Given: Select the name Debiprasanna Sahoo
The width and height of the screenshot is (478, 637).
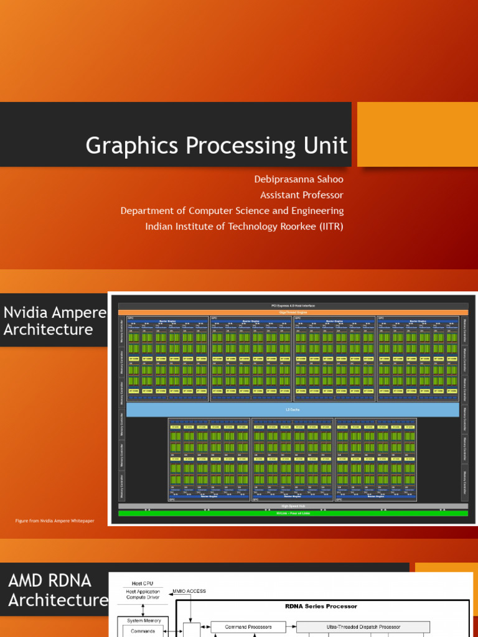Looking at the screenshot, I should click(298, 179).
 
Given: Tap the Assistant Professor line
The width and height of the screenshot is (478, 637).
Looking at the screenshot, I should click(301, 195).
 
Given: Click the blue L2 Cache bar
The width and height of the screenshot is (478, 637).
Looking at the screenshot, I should click(293, 409).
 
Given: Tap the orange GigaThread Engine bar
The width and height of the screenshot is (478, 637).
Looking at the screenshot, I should click(293, 312).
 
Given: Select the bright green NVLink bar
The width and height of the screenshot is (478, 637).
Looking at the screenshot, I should click(293, 513).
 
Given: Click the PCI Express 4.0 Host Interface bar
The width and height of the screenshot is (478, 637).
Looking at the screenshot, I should click(293, 305).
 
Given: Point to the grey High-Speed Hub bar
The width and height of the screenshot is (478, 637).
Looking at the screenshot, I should click(293, 506).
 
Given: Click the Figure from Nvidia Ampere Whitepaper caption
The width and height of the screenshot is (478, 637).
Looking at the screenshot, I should click(55, 521).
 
